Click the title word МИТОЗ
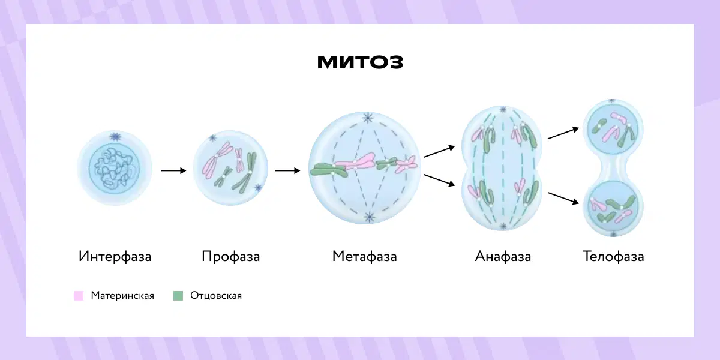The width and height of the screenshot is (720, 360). tap(360, 62)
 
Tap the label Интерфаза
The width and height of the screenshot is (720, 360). tap(115, 257)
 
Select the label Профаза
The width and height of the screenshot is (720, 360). tap(231, 257)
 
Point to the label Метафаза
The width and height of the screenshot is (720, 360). tap(365, 257)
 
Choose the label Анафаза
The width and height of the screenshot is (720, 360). tap(503, 257)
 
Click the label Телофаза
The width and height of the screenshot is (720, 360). tap(613, 257)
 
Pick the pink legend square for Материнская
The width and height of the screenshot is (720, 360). tap(79, 296)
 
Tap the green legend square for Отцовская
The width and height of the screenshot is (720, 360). tap(178, 296)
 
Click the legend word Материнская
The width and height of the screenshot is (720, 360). tap(122, 295)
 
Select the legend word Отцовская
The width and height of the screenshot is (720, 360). tap(216, 295)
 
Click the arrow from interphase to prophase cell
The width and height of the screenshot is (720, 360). tap(173, 170)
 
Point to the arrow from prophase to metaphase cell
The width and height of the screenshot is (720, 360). tap(287, 170)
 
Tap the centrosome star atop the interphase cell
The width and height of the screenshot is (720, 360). tap(115, 137)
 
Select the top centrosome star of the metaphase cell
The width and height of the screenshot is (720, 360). tap(368, 118)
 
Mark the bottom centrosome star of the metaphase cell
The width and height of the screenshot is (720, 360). tap(370, 217)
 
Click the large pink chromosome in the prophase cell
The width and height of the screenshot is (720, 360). tap(217, 160)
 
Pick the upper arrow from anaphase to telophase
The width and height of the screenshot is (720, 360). tap(563, 133)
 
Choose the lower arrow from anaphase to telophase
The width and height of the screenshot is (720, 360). tap(563, 198)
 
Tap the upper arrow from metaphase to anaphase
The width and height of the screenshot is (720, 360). tap(439, 151)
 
